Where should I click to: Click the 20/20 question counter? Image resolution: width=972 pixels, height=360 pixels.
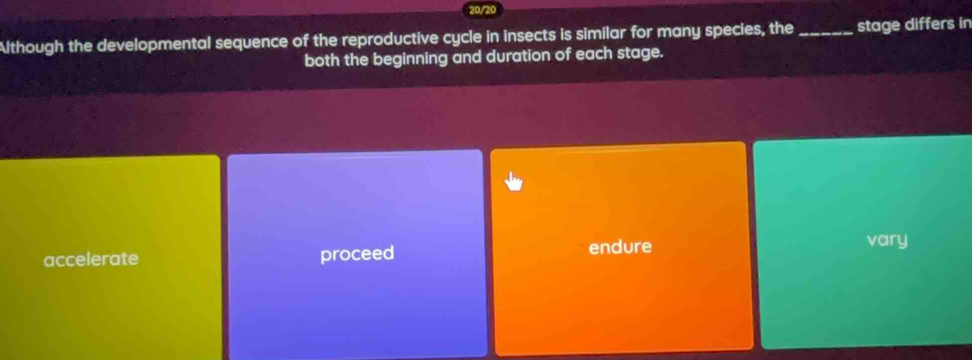482,10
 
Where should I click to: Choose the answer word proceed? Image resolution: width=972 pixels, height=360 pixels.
357,253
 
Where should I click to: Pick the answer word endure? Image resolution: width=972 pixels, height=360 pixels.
620,246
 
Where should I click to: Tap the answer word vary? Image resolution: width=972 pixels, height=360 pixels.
887,240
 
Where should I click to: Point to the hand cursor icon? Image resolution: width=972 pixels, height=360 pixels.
514,182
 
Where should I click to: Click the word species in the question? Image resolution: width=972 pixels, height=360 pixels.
734,30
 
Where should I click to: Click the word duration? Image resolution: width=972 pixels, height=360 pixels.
518,56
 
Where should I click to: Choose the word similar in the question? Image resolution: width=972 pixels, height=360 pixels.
601,33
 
